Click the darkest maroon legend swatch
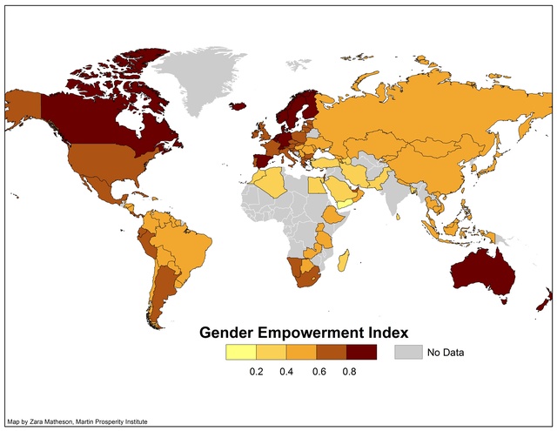(361, 353)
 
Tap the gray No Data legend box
(407, 353)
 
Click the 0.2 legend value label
(257, 372)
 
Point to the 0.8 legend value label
(348, 372)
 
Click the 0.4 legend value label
(287, 372)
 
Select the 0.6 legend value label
(318, 372)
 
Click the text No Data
(446, 353)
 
